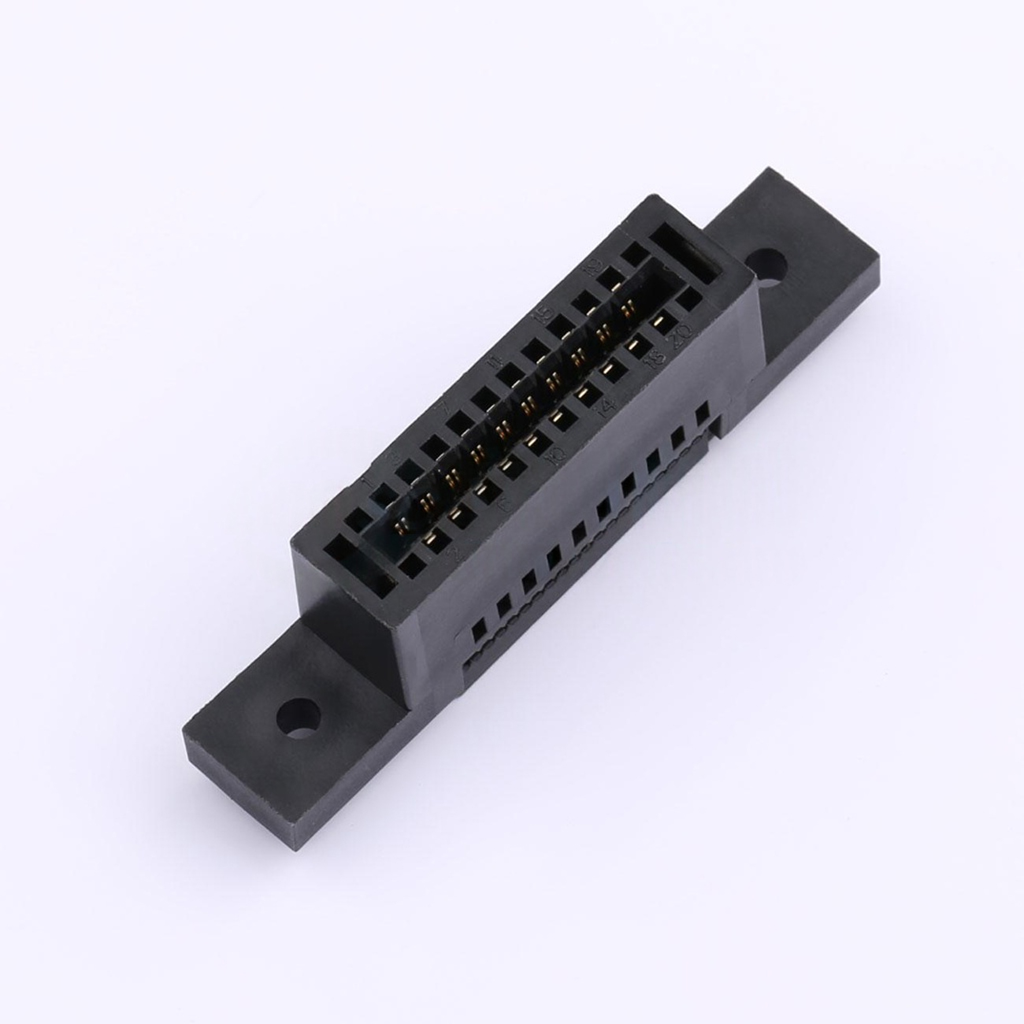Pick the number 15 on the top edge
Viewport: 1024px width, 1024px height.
(x=542, y=316)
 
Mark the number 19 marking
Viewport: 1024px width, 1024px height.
(x=595, y=268)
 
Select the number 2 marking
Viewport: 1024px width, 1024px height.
(x=452, y=553)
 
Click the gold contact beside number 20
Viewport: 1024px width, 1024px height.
(x=660, y=322)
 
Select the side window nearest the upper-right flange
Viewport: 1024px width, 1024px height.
(x=701, y=412)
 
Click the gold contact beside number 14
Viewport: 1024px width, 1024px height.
(x=585, y=390)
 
